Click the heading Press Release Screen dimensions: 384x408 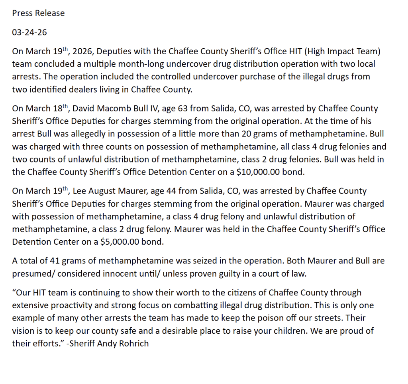pyautogui.click(x=38, y=13)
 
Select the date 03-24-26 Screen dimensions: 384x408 pyautogui.click(x=29, y=32)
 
